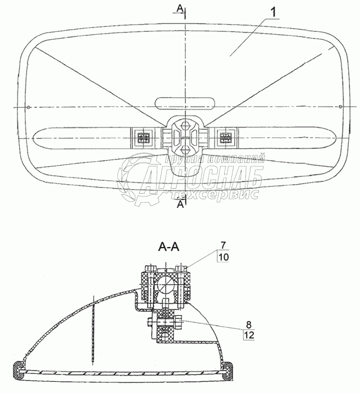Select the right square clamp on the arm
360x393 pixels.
[x=226, y=136]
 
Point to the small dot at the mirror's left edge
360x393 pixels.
[x=28, y=107]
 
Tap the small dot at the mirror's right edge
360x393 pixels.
[x=340, y=107]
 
